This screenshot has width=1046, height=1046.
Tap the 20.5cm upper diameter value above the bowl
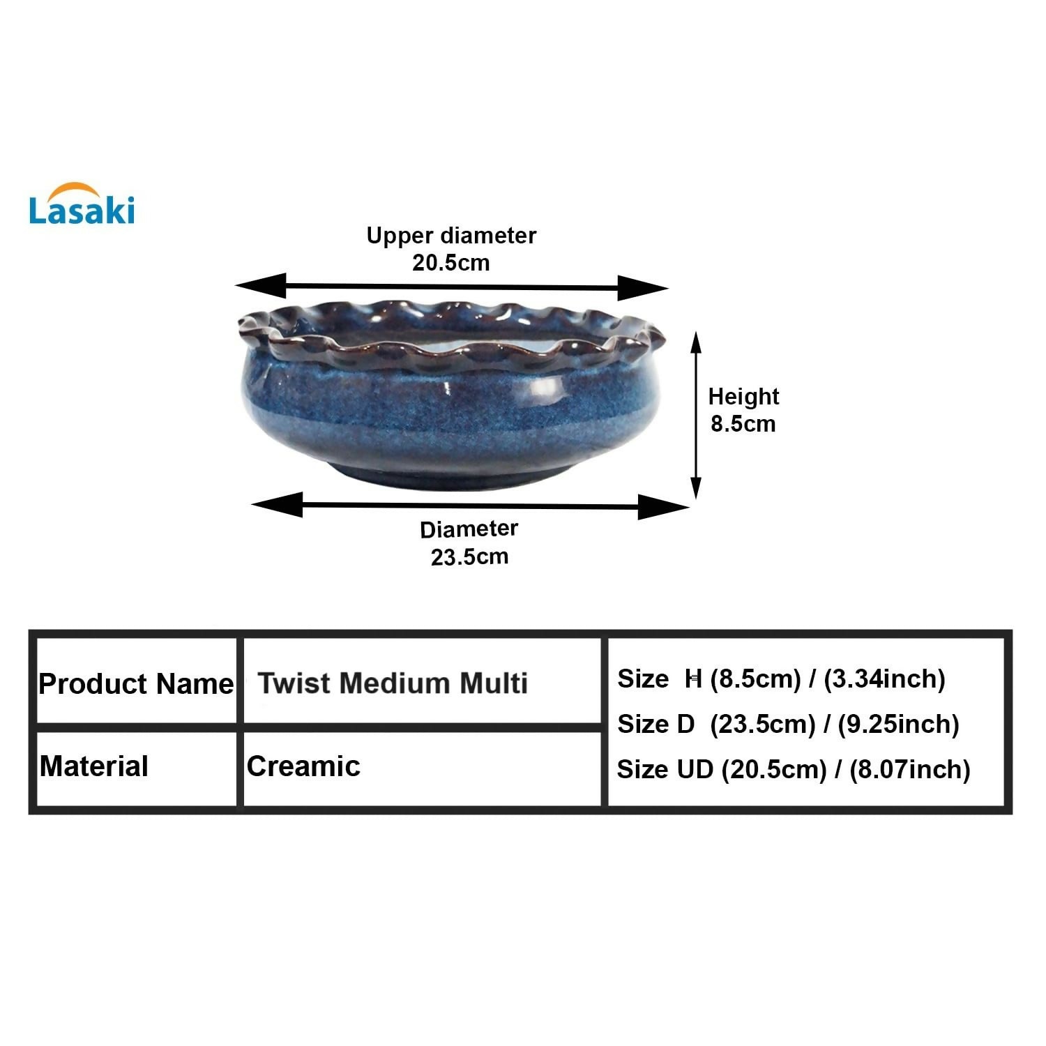click(451, 263)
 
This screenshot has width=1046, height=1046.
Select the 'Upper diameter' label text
click(451, 236)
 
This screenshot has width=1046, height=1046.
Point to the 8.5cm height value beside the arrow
click(743, 423)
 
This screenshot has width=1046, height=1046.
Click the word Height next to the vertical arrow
click(743, 397)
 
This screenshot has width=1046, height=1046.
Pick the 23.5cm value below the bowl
click(469, 557)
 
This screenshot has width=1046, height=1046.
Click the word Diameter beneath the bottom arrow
click(469, 529)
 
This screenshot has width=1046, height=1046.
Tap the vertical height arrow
click(695, 415)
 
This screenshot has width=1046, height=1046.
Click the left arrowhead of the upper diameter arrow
click(261, 285)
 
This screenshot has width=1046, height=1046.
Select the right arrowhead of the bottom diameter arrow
click(663, 508)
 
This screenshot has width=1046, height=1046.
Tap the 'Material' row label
click(94, 766)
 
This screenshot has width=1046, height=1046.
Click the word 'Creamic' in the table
click(304, 766)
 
